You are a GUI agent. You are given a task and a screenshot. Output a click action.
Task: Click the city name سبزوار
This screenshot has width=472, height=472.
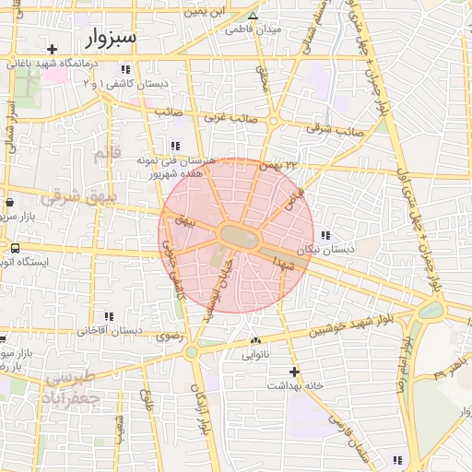[111, 38]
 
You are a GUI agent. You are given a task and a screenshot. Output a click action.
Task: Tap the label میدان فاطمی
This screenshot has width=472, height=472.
[254, 29]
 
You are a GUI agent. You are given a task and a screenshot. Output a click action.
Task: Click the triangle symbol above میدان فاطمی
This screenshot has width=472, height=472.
[254, 16]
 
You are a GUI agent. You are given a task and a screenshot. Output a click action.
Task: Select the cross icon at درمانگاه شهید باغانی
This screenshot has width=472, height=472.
[53, 49]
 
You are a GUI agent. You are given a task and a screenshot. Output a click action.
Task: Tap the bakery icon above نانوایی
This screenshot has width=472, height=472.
[255, 340]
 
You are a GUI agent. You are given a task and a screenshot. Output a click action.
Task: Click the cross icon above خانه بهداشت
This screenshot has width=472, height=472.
[294, 371]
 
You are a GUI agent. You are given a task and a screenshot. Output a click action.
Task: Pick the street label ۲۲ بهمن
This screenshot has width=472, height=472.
[280, 165]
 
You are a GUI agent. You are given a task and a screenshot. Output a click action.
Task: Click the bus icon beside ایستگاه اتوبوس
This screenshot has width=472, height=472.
[15, 248]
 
